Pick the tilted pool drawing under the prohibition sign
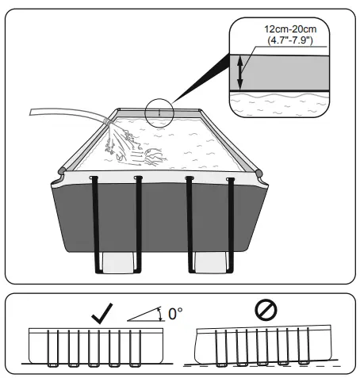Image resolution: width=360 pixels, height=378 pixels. click(x=262, y=346)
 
